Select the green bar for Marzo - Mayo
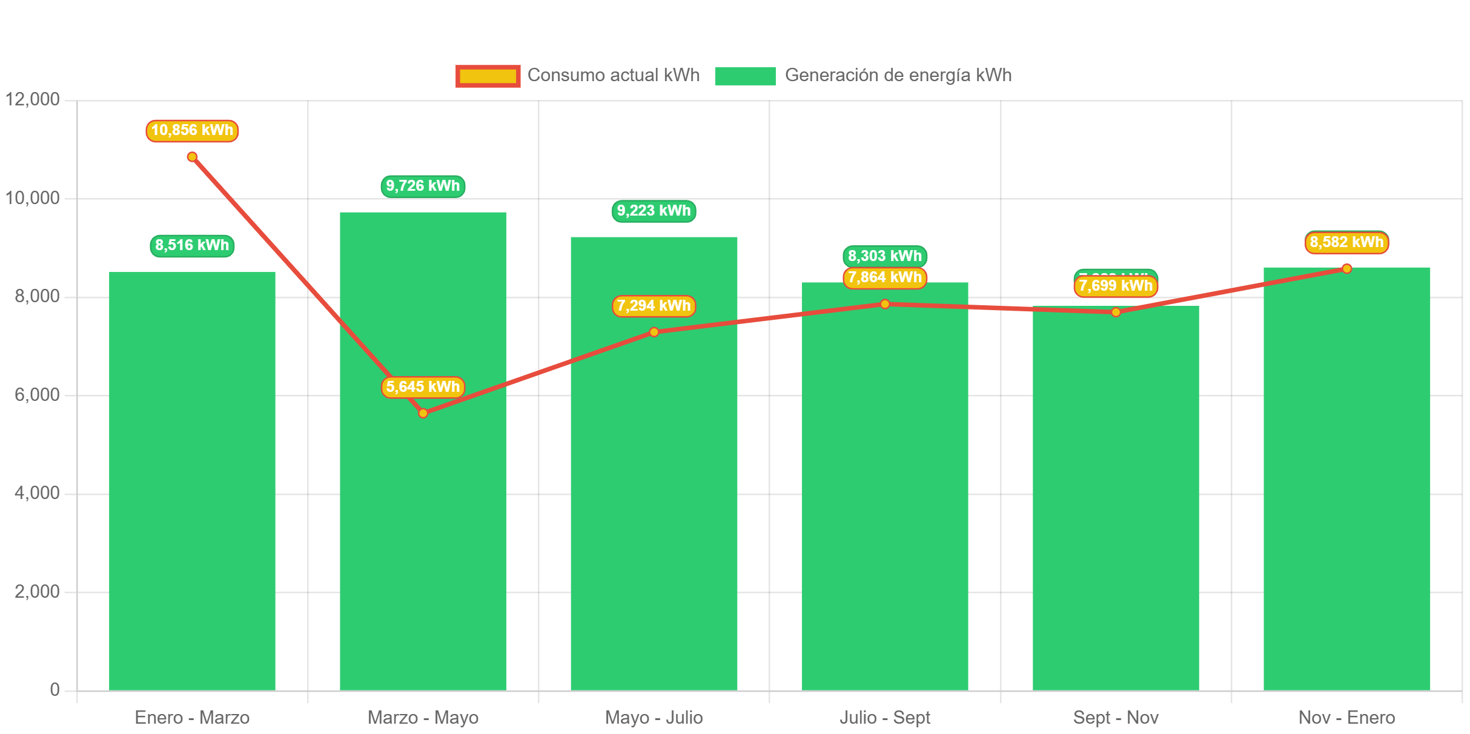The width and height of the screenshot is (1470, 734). [423, 515]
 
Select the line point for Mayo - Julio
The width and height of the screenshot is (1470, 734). [654, 332]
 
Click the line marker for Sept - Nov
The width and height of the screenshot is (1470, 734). [1116, 312]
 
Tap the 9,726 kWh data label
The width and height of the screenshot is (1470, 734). [423, 186]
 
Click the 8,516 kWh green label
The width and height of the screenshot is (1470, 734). [192, 245]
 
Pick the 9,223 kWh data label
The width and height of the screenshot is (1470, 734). [654, 211]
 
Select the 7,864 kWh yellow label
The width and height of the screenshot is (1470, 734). [885, 278]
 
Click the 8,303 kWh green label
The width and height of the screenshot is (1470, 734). [885, 255]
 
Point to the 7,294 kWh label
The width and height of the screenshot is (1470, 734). [654, 306]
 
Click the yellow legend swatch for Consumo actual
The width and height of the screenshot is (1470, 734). [488, 76]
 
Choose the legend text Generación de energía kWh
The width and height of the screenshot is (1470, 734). [898, 75]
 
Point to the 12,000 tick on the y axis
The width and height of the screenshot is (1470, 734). [33, 99]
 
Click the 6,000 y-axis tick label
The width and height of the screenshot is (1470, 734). [37, 394]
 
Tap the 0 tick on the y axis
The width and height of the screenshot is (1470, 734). [55, 689]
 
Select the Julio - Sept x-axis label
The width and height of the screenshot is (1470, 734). [885, 718]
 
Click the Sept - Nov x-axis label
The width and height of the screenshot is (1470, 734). [1116, 718]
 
